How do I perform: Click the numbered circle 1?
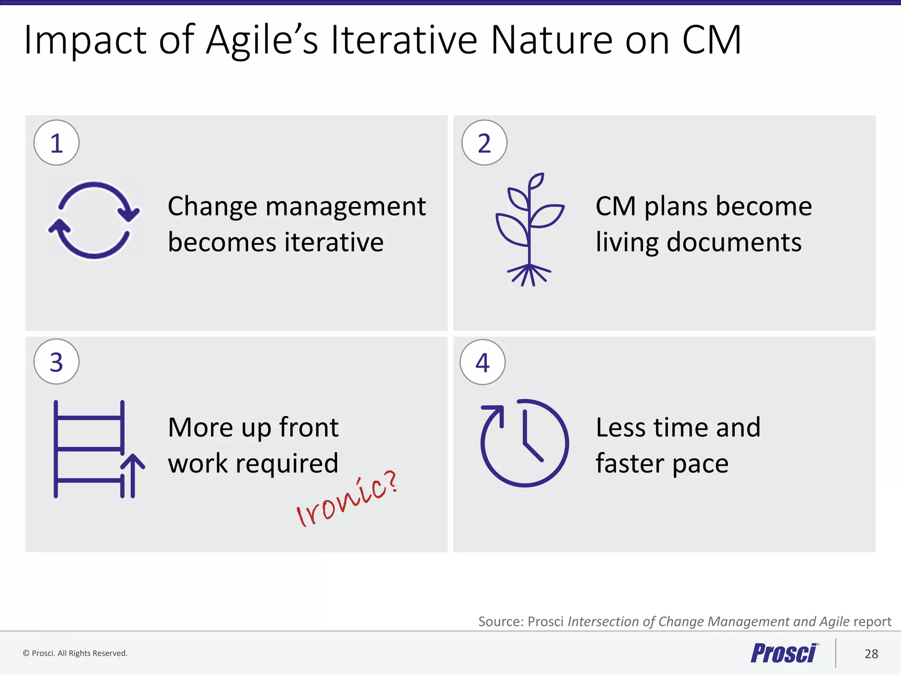[56, 143]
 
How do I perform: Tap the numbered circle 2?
[484, 143]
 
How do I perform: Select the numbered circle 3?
[56, 362]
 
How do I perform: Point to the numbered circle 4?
[483, 362]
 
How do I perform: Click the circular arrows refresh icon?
[94, 220]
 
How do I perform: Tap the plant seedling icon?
[529, 229]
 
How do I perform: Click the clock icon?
[524, 443]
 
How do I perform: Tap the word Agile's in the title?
[262, 40]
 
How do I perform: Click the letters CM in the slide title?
[712, 40]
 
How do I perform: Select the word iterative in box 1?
[334, 243]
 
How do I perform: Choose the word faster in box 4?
[630, 464]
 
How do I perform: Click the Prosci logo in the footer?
[784, 653]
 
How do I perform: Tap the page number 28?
[871, 654]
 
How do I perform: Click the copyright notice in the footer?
[75, 653]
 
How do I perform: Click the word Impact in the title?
[85, 40]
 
